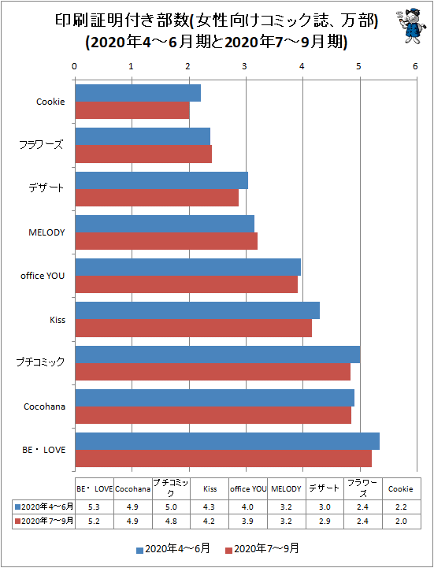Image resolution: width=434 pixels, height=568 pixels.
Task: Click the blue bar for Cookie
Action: coord(138,93)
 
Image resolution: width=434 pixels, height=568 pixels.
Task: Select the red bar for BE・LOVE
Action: coord(224,458)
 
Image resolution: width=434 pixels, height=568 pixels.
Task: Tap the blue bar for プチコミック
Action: coord(217,355)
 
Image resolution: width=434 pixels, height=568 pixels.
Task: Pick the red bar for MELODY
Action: coord(166,241)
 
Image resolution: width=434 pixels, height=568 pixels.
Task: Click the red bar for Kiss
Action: coord(194,329)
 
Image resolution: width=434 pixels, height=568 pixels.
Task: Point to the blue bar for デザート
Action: coord(161,180)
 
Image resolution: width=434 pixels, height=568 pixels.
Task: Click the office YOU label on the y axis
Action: coord(43,276)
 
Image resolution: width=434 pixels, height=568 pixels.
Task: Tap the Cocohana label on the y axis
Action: coord(45,407)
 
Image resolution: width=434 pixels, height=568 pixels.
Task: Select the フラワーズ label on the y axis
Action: coord(41,145)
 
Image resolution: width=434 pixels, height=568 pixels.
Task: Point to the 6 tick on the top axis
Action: coord(415,66)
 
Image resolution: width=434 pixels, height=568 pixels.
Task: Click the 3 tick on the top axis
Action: coord(244,66)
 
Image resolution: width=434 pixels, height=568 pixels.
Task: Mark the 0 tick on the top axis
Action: coord(74,66)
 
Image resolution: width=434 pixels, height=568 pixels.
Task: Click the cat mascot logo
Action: coord(410,26)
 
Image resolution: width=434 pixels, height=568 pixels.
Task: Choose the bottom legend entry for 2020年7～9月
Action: coord(262,549)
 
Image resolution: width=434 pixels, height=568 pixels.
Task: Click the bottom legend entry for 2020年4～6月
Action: coord(172,549)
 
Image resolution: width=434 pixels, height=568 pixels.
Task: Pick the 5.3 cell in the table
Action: coord(95,507)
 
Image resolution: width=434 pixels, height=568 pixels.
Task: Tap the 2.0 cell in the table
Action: coord(401,522)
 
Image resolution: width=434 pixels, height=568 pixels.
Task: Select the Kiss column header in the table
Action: coord(210,489)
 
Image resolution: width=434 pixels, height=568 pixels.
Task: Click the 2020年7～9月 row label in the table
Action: coord(44,522)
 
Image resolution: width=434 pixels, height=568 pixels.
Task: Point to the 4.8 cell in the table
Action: coord(172,522)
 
